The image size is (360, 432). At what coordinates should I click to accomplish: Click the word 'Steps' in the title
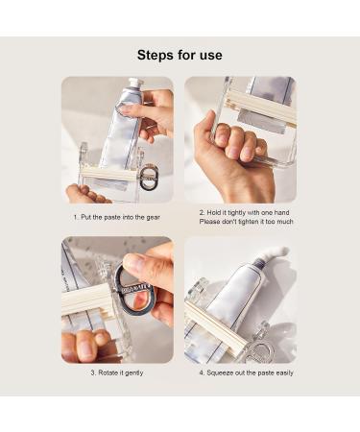coord(156,55)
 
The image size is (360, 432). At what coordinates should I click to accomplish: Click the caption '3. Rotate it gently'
coord(118,372)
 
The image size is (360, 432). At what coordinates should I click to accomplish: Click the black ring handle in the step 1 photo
coord(149,177)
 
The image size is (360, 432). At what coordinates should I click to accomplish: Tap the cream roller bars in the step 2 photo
coord(259,106)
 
